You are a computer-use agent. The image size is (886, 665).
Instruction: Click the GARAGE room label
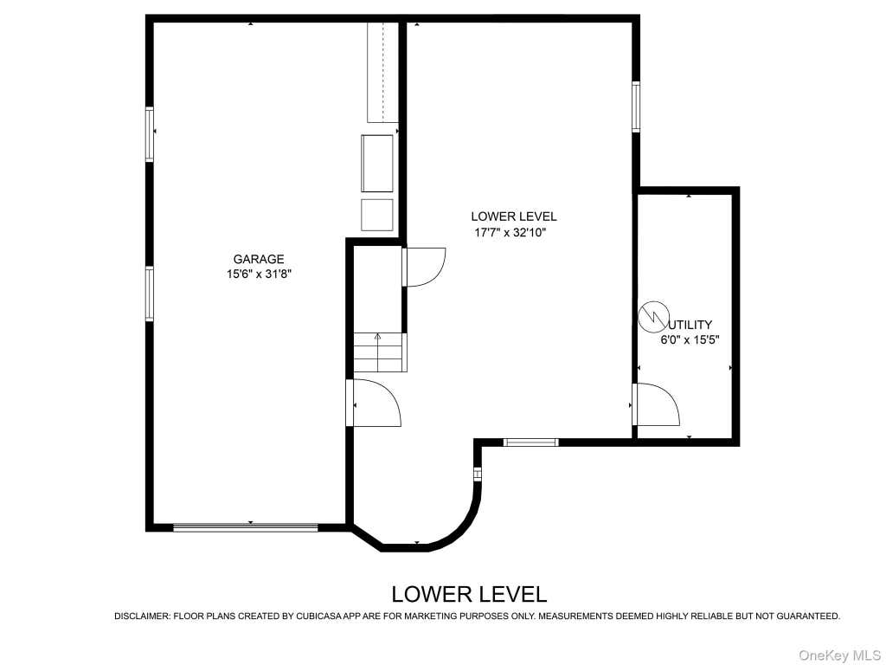259,260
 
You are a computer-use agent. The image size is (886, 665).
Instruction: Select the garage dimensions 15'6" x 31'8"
259,274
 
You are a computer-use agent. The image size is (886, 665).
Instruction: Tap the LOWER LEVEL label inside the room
514,216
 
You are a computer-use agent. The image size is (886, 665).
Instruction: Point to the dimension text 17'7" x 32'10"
510,232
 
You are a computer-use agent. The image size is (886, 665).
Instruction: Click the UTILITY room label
690,325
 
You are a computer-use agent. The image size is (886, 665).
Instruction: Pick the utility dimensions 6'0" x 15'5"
690,340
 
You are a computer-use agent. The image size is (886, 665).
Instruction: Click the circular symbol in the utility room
654,316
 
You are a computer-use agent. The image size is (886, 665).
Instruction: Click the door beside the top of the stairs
424,267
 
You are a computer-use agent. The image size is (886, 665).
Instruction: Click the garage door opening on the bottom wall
245,527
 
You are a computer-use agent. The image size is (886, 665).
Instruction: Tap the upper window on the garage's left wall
150,134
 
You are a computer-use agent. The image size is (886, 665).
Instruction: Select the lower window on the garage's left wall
150,294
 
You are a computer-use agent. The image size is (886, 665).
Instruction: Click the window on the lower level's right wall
636,107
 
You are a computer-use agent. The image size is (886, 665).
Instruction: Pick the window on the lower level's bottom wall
530,442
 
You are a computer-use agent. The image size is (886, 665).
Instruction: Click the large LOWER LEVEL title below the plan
470,594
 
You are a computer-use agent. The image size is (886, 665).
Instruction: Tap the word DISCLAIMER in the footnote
142,617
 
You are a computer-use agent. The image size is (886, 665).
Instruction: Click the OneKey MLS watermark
839,655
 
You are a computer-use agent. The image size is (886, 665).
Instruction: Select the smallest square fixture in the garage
377,215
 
